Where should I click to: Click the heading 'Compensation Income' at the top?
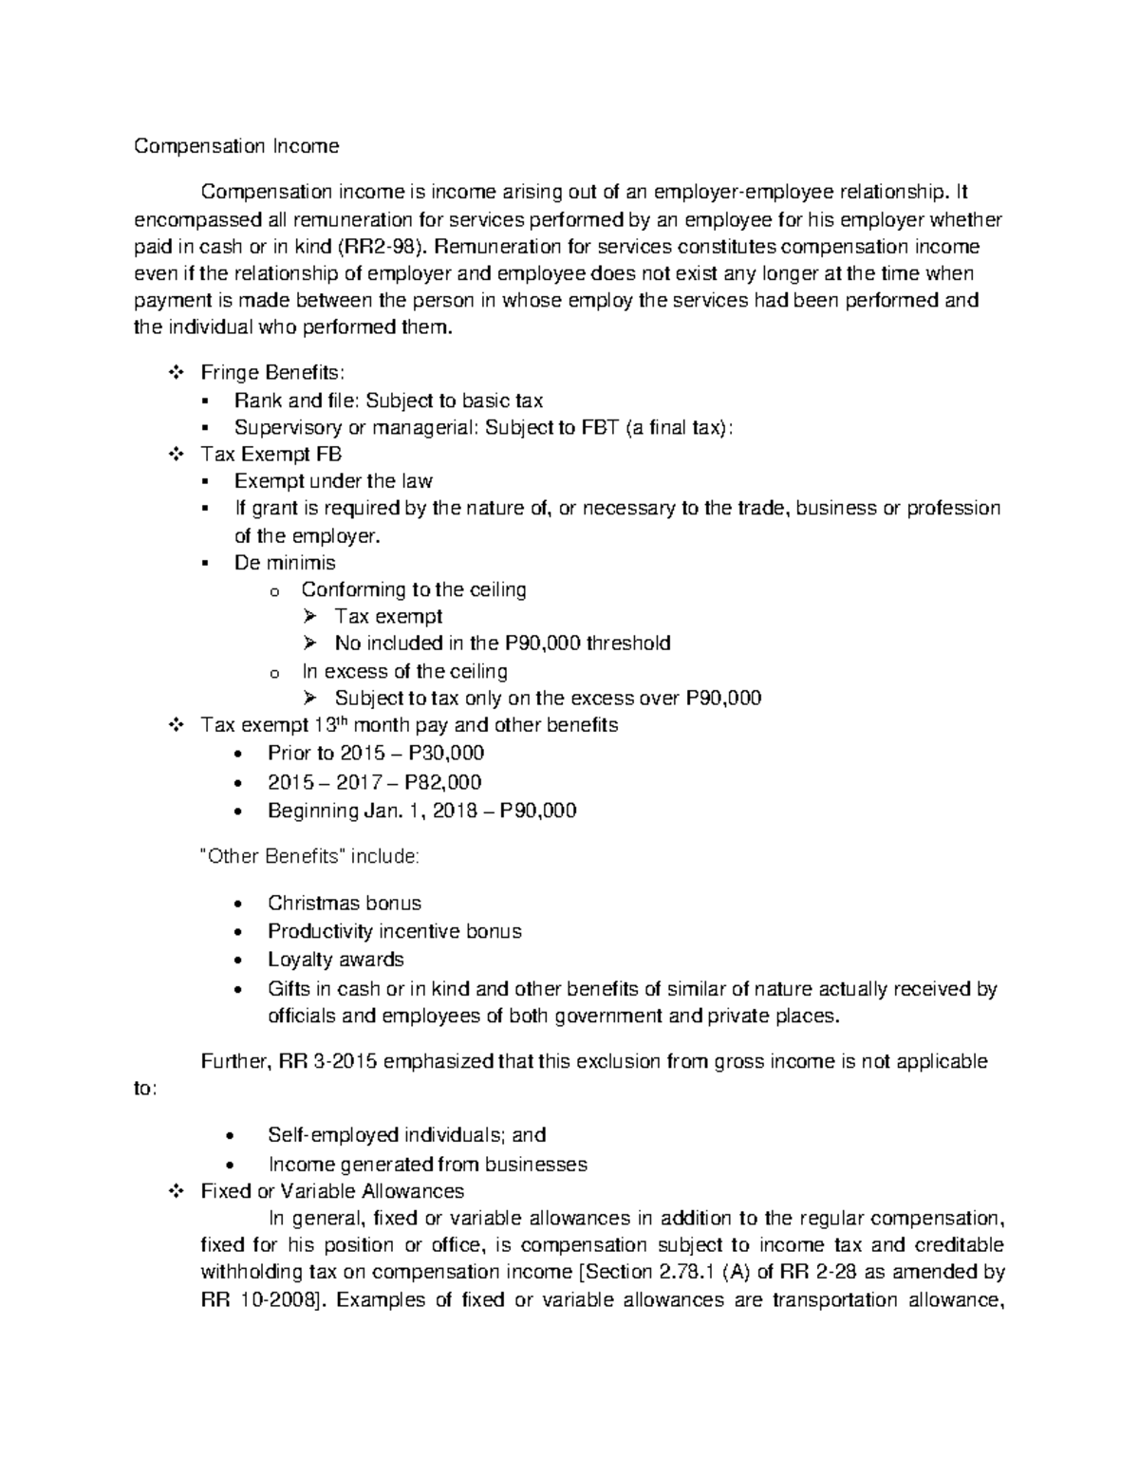click(235, 146)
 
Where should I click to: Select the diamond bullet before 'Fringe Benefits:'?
click(175, 372)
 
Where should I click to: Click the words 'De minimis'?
click(285, 562)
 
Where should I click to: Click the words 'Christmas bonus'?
click(344, 903)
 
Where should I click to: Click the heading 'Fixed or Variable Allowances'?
click(332, 1190)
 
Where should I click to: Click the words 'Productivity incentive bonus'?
click(394, 931)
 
